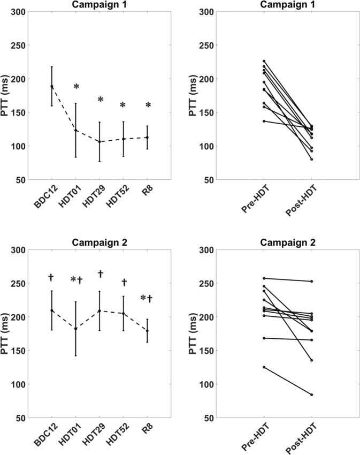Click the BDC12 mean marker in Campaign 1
pos(52,86)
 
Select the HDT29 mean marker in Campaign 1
pos(99,142)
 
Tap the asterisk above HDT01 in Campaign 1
pos(76,87)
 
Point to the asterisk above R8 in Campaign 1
pos(148,106)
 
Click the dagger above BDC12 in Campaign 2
pos(51,277)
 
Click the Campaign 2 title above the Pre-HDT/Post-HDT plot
pos(288,242)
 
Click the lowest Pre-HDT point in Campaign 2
pos(264,367)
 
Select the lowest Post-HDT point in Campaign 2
pos(311,395)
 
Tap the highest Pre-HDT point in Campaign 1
pos(264,61)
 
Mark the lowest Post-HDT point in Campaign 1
pos(311,159)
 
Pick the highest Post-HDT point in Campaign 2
pos(311,281)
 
